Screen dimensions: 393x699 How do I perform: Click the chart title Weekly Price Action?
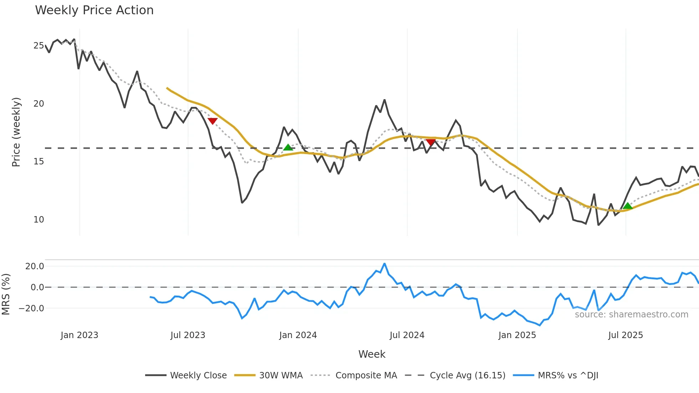click(x=94, y=10)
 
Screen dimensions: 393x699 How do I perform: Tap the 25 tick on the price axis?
click(x=39, y=46)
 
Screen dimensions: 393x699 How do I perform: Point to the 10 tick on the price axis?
click(x=39, y=220)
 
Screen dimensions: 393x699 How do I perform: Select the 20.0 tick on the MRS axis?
click(x=35, y=266)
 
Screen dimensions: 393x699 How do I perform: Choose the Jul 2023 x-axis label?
click(x=188, y=335)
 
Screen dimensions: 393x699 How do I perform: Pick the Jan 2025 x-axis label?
click(x=517, y=335)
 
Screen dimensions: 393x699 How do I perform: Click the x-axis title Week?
click(x=372, y=354)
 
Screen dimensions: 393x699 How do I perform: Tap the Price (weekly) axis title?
click(x=16, y=132)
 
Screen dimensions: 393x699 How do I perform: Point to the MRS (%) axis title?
click(x=6, y=294)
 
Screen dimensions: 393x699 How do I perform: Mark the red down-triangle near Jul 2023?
click(x=213, y=121)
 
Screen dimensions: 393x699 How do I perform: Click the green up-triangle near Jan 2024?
click(x=288, y=148)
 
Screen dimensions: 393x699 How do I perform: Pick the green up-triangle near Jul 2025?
click(x=628, y=206)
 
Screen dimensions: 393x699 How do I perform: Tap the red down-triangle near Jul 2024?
click(x=431, y=142)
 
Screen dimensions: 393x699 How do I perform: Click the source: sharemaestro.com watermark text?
click(x=631, y=315)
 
